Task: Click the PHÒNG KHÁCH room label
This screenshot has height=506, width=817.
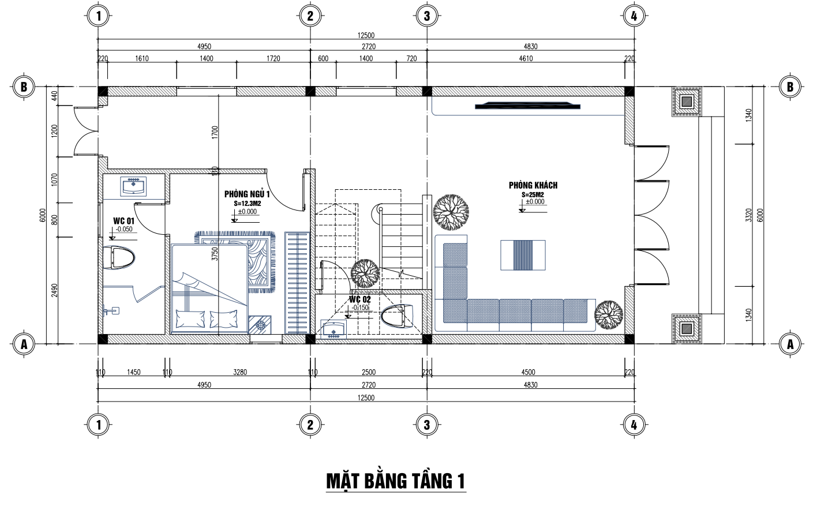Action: (x=533, y=185)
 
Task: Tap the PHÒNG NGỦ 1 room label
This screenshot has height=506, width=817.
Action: (x=247, y=194)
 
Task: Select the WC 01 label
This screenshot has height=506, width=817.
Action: (x=123, y=221)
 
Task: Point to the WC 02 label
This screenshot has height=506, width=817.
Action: (x=360, y=299)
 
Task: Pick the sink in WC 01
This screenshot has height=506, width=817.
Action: (x=133, y=187)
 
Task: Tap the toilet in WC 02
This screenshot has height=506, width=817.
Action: (x=397, y=316)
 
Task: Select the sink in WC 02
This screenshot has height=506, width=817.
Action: (x=333, y=329)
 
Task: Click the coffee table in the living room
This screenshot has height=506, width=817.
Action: (x=523, y=255)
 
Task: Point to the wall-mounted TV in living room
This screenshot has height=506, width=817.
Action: (x=527, y=106)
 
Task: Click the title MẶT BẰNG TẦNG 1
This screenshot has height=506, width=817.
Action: (x=396, y=481)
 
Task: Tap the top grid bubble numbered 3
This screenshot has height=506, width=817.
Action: (x=427, y=16)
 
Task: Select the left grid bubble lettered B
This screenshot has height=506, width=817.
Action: (x=24, y=87)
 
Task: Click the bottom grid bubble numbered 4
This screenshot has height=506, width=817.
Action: (x=634, y=425)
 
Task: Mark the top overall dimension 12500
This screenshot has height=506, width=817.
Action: (x=366, y=35)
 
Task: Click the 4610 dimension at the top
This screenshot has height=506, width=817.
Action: (x=526, y=58)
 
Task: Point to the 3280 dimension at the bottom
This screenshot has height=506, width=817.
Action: (x=240, y=372)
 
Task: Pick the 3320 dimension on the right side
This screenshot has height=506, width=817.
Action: (x=748, y=215)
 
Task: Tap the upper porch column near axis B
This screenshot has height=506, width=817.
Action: (x=687, y=102)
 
